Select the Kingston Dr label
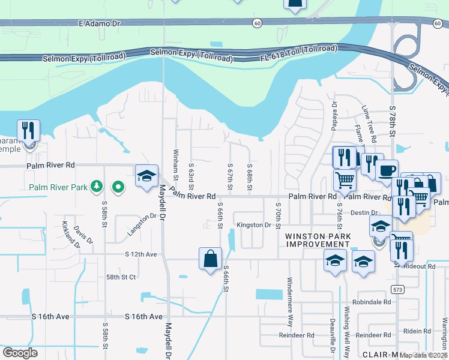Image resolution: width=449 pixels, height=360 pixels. point(254,225)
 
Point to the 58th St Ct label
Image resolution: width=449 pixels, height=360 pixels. point(122,277)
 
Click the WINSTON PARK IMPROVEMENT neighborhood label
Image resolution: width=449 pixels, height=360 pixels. point(317,240)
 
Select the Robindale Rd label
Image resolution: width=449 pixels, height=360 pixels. point(372,302)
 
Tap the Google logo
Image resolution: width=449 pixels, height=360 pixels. point(20,353)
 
